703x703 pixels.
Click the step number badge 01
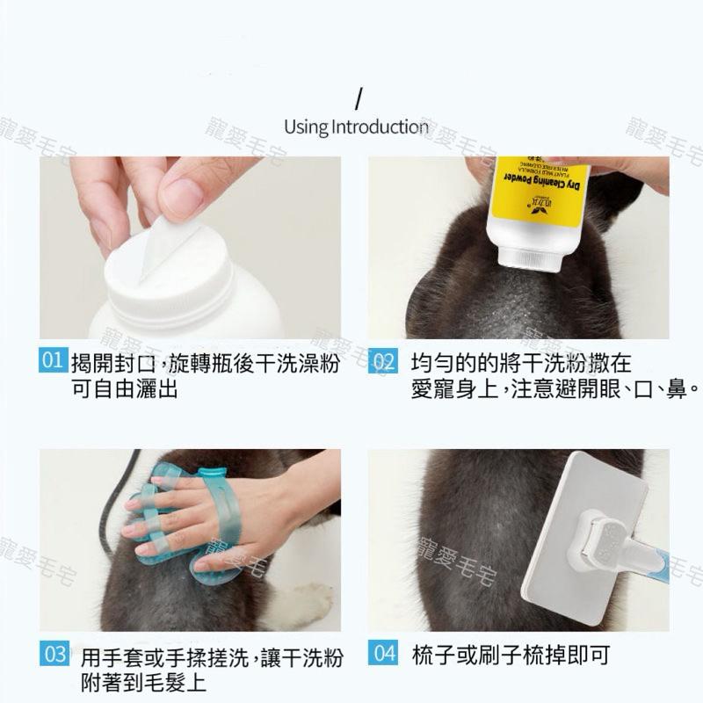point(53,360)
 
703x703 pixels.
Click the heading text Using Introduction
point(356,127)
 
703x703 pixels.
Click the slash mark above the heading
point(358,97)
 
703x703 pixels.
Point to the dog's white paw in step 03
point(299,606)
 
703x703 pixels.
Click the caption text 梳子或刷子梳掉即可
point(510,655)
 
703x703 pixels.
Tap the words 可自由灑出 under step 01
point(124,388)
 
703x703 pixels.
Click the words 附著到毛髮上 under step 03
point(143,683)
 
